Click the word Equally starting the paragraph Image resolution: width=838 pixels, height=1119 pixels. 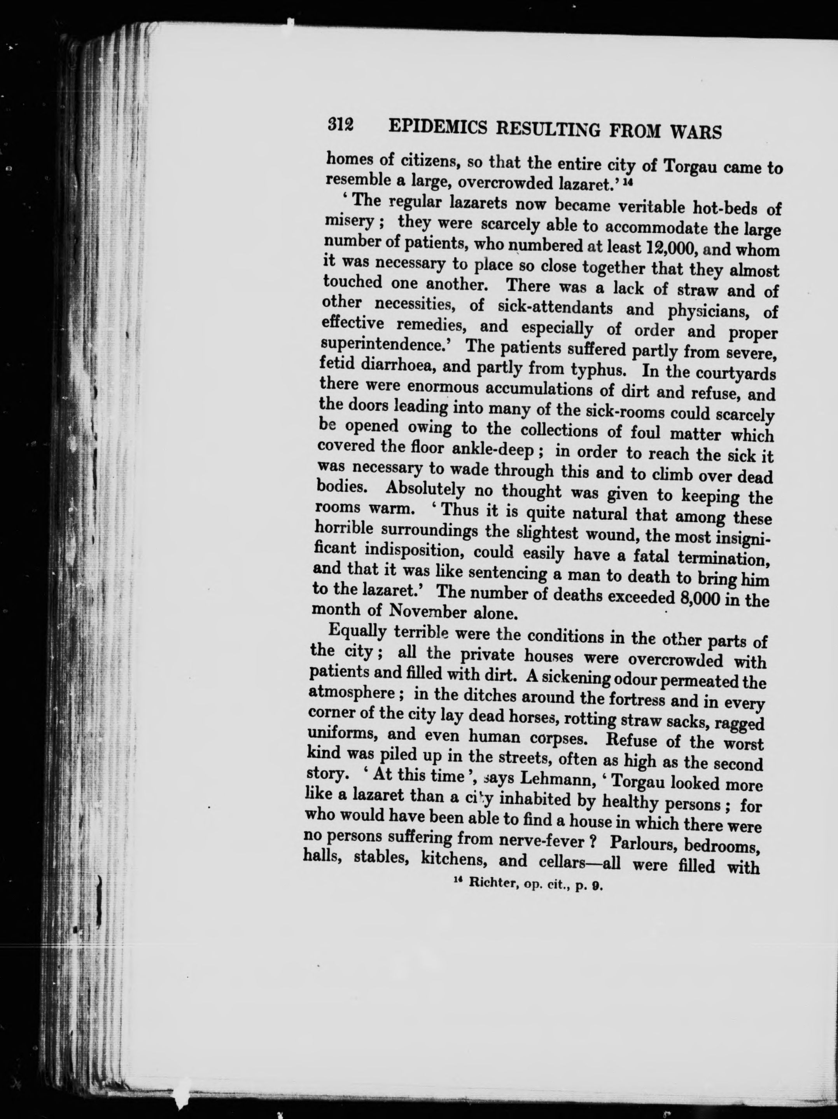(x=358, y=632)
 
